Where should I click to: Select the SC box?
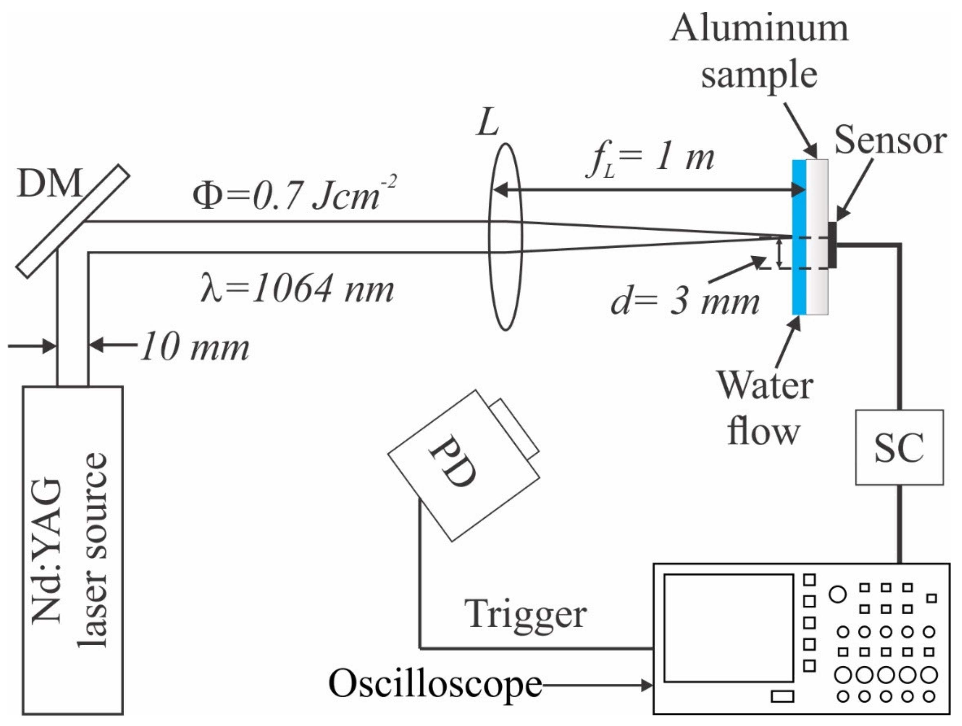[899, 447]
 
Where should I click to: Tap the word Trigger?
[525, 614]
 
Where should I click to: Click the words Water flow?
[764, 408]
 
